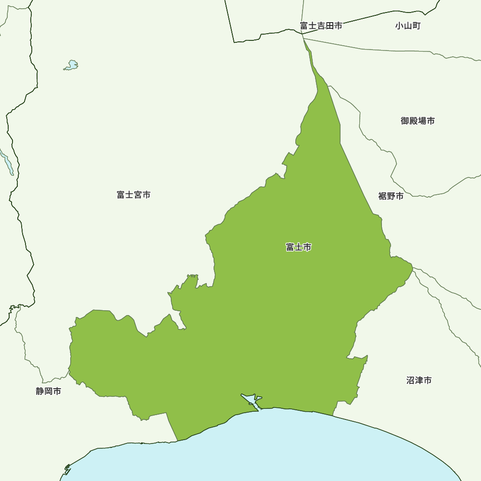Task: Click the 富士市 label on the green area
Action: coord(298,247)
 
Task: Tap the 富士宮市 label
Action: coord(133,195)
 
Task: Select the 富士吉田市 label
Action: coord(321,26)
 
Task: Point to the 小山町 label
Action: coord(408,26)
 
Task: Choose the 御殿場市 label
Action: coord(418,121)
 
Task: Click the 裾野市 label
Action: coord(391,196)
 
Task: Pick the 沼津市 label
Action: coord(418,380)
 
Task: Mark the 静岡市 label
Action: coord(49,391)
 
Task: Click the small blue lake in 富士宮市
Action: coord(72,65)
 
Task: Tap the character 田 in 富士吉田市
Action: coord(329,26)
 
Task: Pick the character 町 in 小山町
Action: coord(416,26)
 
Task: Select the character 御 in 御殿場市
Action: coord(405,121)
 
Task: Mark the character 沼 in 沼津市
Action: coord(410,380)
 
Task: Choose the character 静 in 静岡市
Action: coord(40,391)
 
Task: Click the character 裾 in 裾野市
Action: coord(382,196)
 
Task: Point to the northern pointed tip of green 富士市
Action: coord(304,38)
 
